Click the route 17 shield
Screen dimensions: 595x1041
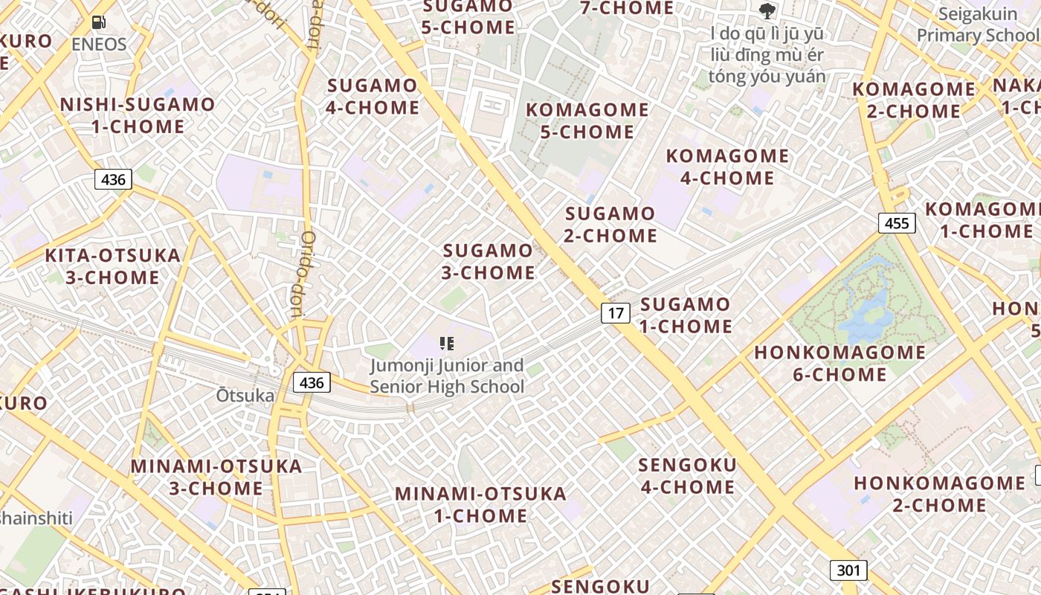pos(616,313)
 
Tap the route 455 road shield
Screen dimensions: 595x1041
pos(897,223)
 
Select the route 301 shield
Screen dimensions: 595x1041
pos(848,570)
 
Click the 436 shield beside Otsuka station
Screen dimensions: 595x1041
pos(312,382)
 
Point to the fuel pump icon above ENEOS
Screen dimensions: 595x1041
pos(98,22)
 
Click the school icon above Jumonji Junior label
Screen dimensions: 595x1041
pos(447,343)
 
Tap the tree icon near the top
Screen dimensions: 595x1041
pos(767,11)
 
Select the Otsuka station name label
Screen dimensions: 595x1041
pos(245,395)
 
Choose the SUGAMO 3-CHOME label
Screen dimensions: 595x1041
pos(489,262)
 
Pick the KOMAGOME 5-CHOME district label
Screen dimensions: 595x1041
pos(587,120)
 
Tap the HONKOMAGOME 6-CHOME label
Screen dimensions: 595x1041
pos(840,363)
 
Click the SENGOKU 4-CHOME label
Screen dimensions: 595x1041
pos(688,476)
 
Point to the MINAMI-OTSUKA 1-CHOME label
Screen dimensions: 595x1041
pos(480,504)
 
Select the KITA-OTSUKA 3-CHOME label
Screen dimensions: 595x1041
pos(113,266)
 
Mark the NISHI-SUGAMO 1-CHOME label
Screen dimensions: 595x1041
pos(138,115)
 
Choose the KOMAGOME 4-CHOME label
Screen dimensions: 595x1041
pos(727,167)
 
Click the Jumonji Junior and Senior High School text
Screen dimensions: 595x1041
pos(447,376)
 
